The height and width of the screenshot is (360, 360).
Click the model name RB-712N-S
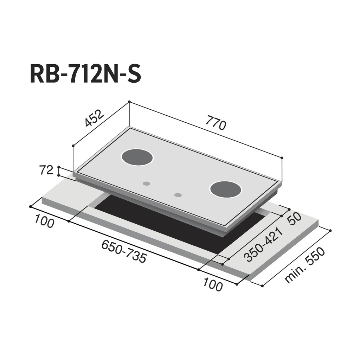pyautogui.click(x=85, y=74)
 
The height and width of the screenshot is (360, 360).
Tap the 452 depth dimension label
pyautogui.click(x=94, y=118)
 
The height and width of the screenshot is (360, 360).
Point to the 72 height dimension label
pyautogui.click(x=46, y=170)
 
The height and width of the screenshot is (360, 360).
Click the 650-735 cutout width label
pyautogui.click(x=124, y=251)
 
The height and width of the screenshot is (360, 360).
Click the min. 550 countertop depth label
pyautogui.click(x=305, y=265)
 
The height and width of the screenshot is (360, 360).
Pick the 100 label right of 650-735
pyautogui.click(x=213, y=284)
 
